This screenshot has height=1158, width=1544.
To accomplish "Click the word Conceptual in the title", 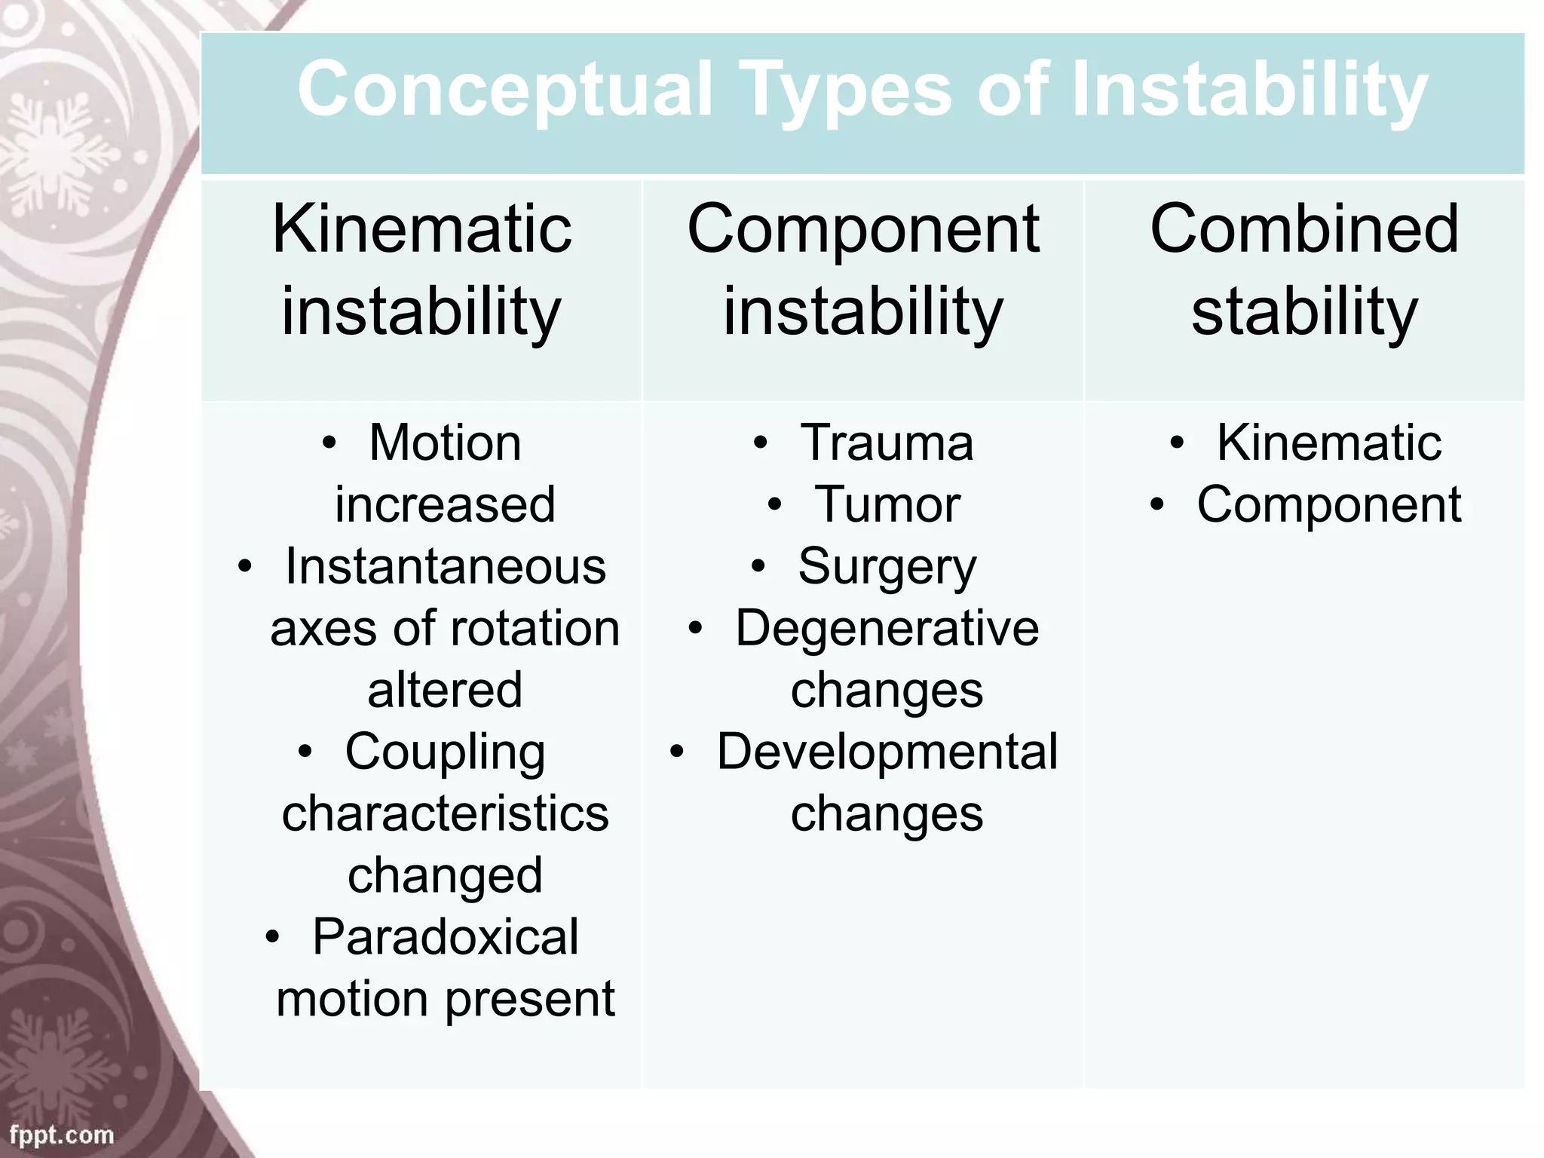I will [504, 90].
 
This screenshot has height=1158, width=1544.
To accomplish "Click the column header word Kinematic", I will [421, 229].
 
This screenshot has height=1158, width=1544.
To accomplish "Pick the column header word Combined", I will [1304, 229].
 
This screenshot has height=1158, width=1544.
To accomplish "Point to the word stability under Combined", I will [1304, 311].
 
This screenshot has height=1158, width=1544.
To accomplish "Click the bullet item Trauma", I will [887, 443].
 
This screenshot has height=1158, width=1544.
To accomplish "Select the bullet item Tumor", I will [887, 504].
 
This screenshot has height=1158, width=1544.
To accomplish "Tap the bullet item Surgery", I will [887, 567].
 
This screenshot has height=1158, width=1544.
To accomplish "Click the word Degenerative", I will [887, 628].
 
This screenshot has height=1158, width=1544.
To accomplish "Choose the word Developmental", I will [887, 752].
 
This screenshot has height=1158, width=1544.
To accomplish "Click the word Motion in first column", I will [445, 443].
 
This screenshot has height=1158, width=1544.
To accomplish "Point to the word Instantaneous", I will [445, 566].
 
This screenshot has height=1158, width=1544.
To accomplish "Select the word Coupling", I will [445, 752].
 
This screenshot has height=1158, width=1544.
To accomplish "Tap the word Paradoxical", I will [445, 937].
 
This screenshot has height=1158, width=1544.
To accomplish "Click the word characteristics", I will [445, 813].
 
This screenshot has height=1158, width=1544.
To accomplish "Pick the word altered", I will [445, 690].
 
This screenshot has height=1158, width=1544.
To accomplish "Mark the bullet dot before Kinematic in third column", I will [1177, 443].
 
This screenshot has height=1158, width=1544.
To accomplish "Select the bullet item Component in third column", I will [1328, 504].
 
